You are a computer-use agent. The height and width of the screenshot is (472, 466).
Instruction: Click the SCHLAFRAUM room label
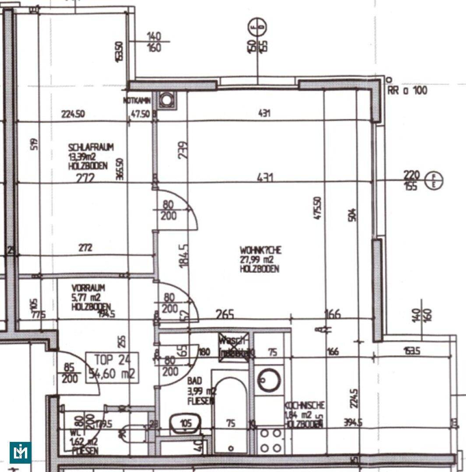[x=91, y=148]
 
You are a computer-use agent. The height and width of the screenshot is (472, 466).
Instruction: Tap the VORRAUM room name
[x=88, y=288]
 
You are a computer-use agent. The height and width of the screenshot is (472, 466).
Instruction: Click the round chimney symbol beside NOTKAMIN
[x=166, y=100]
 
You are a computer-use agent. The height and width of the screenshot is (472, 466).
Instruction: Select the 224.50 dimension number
[x=73, y=115]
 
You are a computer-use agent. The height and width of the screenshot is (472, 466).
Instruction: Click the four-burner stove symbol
[x=271, y=441]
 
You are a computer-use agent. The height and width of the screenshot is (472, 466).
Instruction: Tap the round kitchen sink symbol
[x=269, y=380]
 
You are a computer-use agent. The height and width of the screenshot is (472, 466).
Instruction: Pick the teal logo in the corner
[x=20, y=452]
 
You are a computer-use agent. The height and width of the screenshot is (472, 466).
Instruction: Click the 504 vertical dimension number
[x=353, y=214]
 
